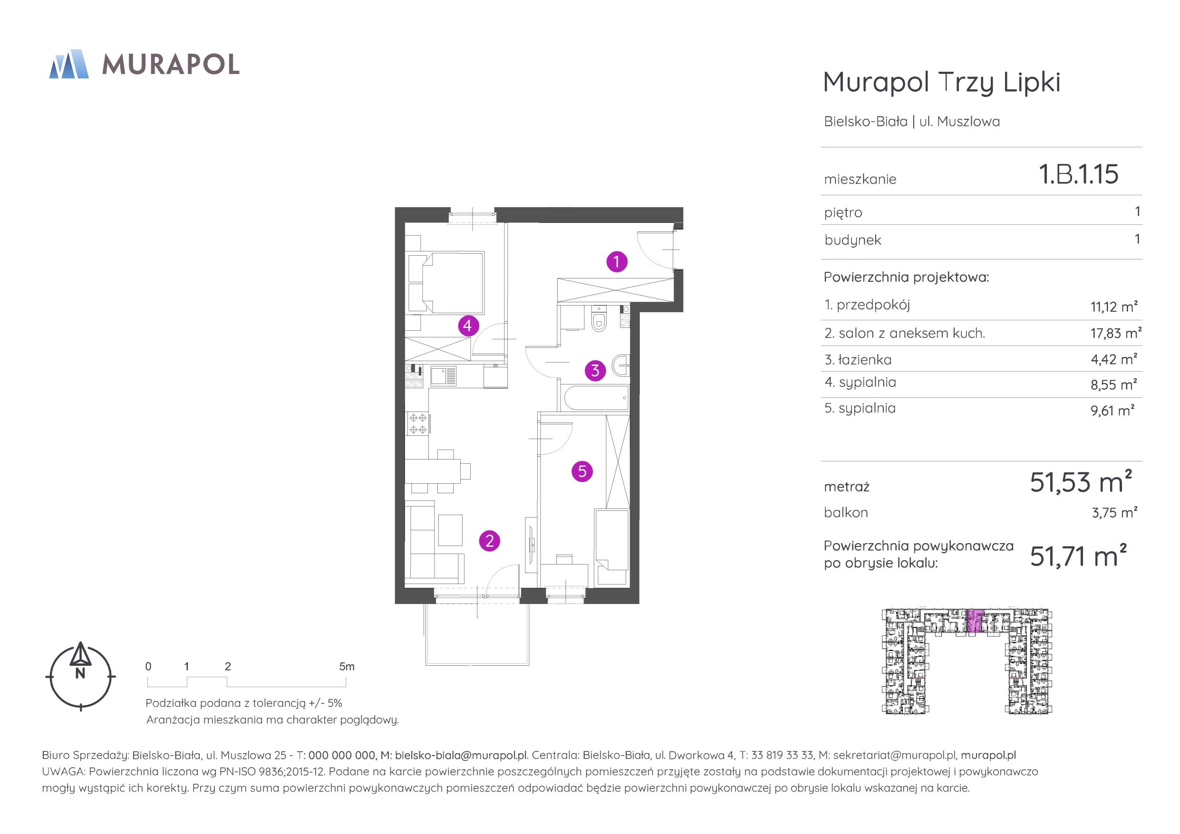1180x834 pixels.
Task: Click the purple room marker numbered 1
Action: coord(617,261)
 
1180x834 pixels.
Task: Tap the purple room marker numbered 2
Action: coord(489,541)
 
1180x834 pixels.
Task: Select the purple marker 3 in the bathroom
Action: coord(595,370)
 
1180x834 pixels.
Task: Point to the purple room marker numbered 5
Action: coord(582,471)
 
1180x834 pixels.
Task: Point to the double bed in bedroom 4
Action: coord(446,283)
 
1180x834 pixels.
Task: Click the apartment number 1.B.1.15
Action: coord(1078,174)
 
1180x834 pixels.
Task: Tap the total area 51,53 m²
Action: coord(1081,482)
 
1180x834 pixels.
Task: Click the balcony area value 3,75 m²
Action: coord(1115,512)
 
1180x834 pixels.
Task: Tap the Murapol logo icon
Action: coord(69,64)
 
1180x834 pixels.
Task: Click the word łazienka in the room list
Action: coord(865,360)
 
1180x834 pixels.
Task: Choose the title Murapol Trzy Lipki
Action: coord(942,83)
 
